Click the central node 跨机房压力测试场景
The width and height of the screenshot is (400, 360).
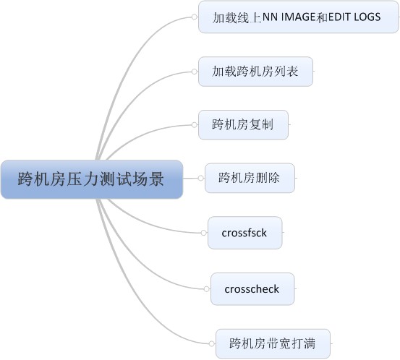pos(92,179)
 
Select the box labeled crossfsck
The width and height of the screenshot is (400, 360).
pos(245,233)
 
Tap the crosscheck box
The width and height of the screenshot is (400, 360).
pos(252,289)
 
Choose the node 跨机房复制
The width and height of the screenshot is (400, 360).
pos(243,124)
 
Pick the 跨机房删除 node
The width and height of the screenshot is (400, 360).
pos(250,178)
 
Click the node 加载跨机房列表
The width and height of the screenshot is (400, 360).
pos(255,72)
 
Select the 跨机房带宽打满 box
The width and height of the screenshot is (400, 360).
pos(273,343)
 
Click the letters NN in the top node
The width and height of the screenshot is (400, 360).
pos(270,17)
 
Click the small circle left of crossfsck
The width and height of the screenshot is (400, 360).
pos(203,233)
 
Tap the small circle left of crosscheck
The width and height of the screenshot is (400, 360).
pos(206,289)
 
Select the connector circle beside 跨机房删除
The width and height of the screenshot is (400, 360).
pos(201,178)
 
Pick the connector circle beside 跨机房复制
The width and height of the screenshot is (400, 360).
pos(194,124)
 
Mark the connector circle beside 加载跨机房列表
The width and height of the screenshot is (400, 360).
pos(194,72)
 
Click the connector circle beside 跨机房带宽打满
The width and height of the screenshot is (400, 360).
pos(211,343)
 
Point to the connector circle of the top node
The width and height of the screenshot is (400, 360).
pos(194,17)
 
